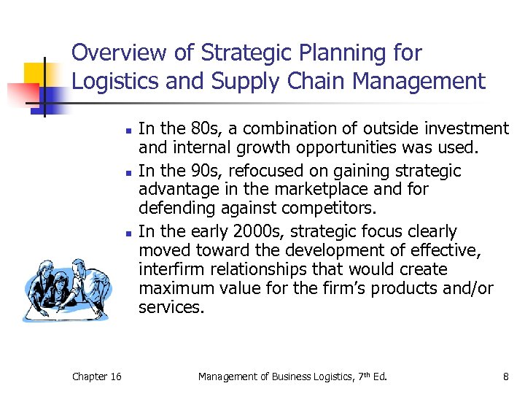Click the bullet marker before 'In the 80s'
127,131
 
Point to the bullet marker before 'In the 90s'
127,173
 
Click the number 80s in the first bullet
207,129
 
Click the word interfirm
169,270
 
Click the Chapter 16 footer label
97,376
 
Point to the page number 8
505,376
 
